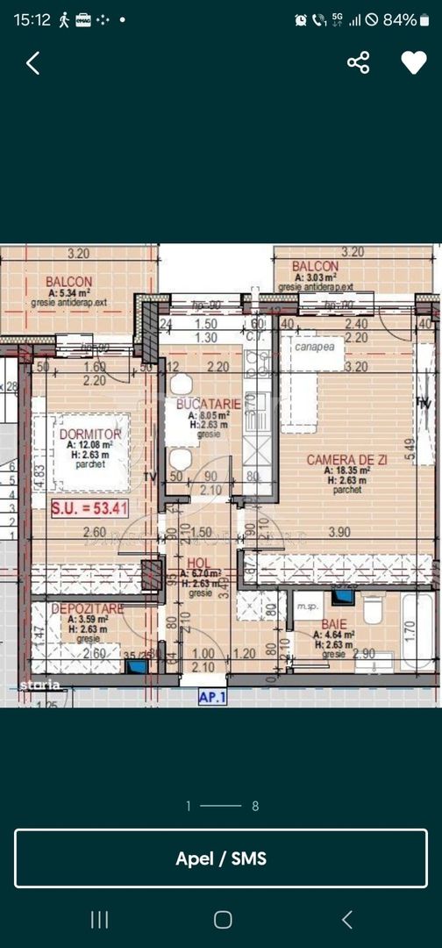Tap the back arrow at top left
pos(33,62)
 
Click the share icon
pos(358,62)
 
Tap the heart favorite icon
pos(413,62)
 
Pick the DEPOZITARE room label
pos(87,608)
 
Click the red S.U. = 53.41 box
pos(78,506)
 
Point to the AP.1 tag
pos(213,698)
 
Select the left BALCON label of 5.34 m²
pos(69,282)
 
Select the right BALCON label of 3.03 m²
pos(315,266)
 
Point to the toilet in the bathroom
pos(372,607)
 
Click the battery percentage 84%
pos(400,19)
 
